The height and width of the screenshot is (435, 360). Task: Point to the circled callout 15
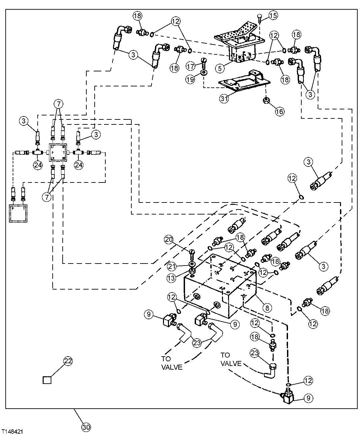coord(273,15)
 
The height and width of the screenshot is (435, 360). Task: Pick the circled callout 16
coord(279,111)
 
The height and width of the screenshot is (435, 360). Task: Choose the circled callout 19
coord(190,80)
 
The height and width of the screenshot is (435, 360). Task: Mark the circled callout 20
coord(169,239)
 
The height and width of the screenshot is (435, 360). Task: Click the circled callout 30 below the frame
coord(86,426)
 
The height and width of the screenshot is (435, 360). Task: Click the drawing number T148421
coord(12,431)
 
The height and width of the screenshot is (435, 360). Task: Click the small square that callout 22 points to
coord(47,380)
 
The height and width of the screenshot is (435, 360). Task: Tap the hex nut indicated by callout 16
coord(266,99)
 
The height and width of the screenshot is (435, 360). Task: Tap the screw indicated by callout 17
coord(203,62)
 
